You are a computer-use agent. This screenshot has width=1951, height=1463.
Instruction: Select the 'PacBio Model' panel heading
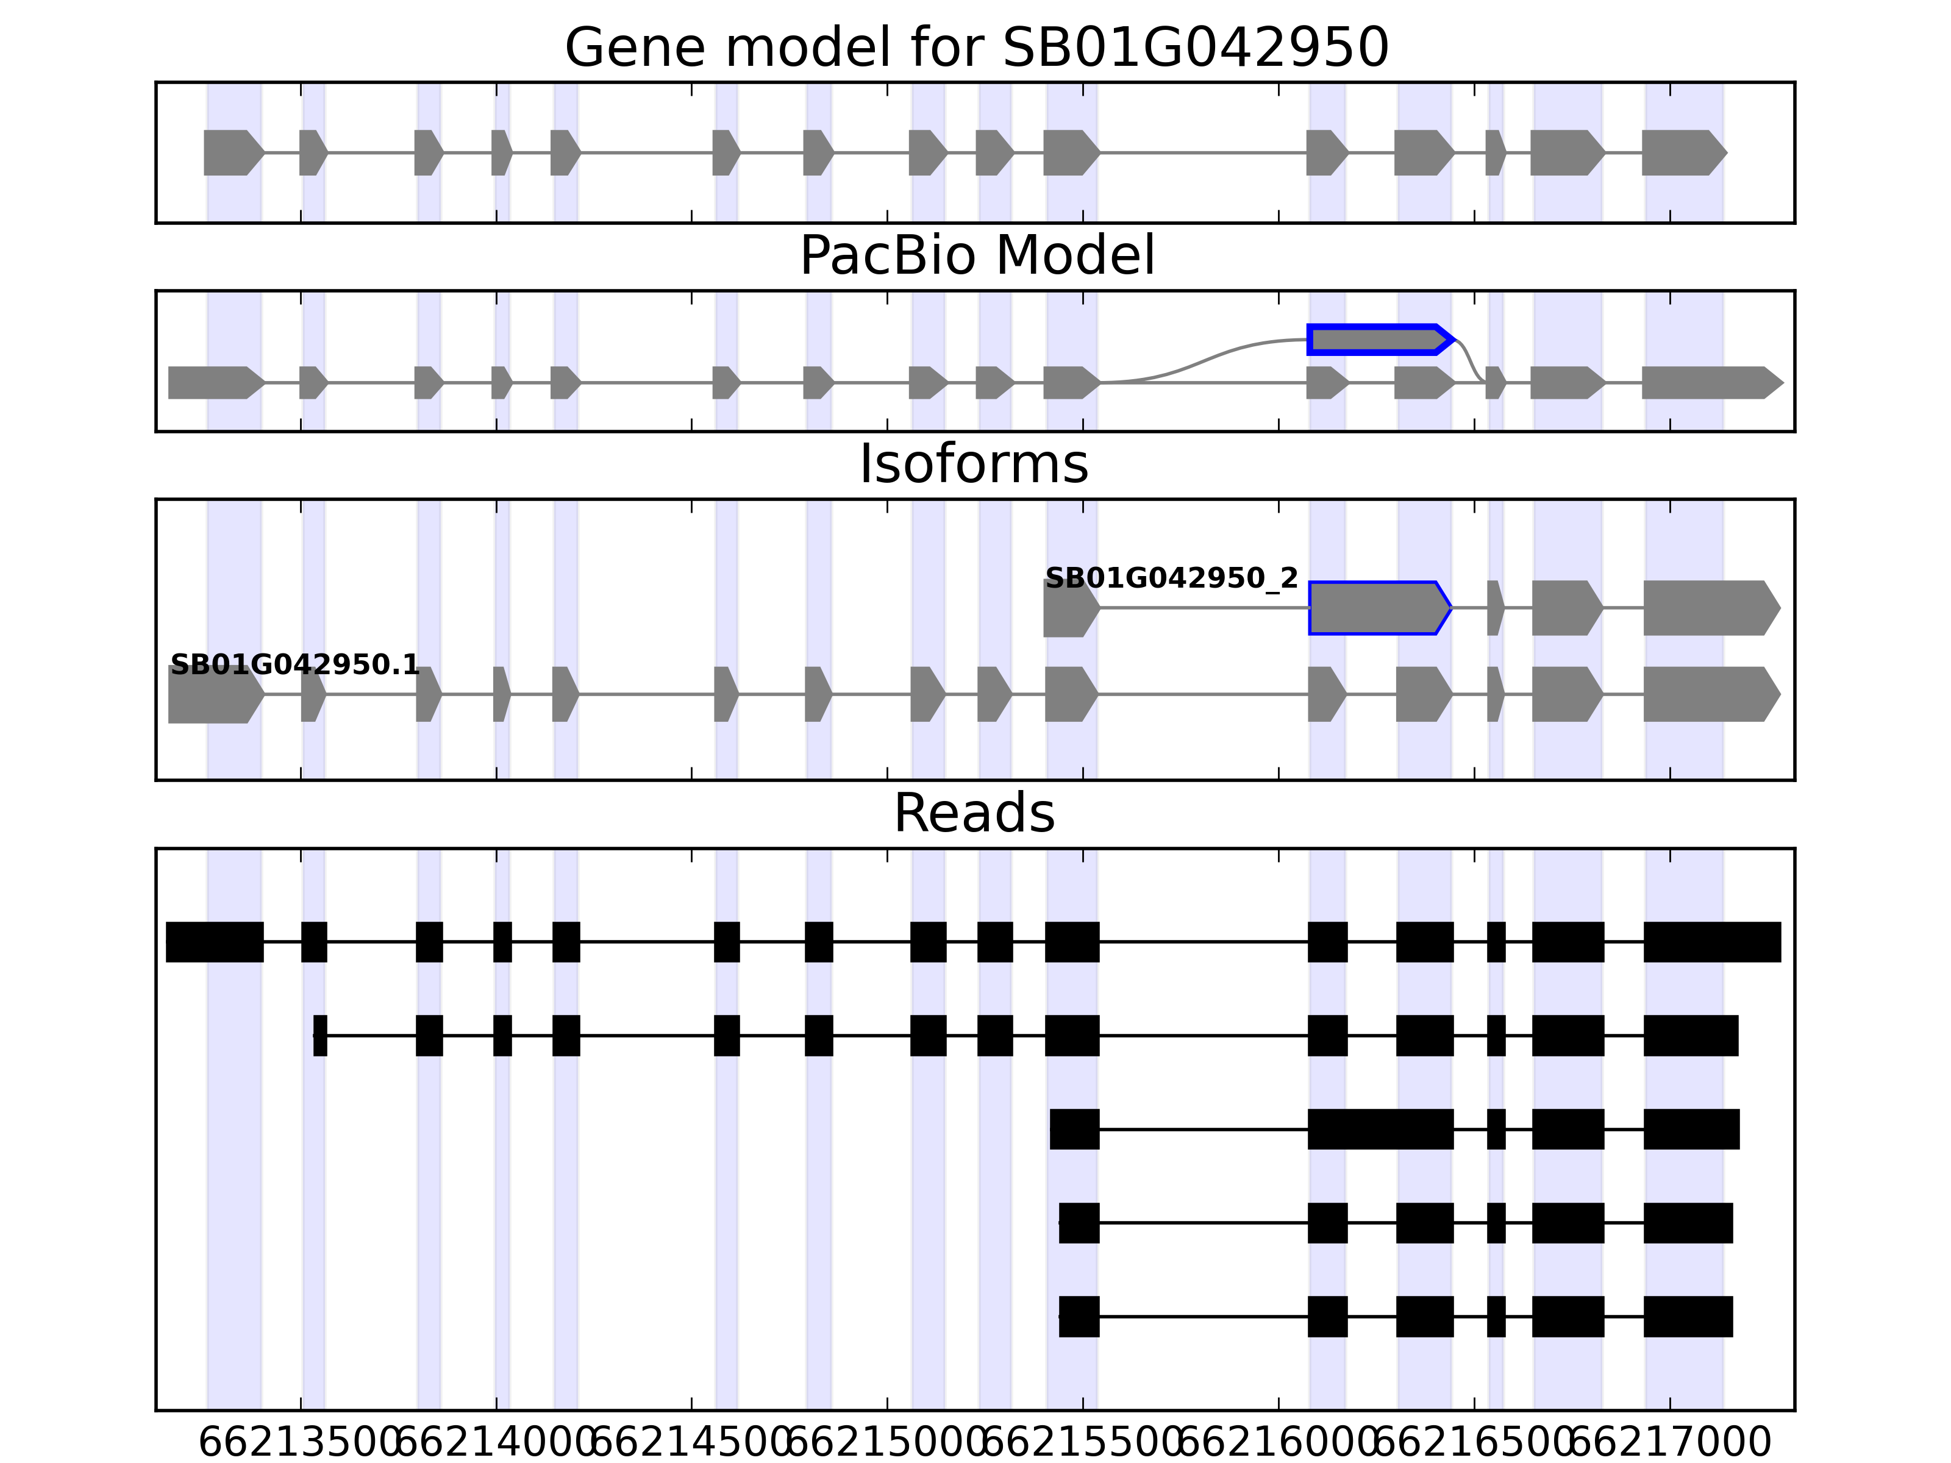(x=976, y=256)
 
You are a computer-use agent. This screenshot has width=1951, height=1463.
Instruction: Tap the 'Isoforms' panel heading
(x=974, y=465)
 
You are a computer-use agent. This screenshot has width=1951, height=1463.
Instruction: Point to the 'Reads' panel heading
(x=974, y=813)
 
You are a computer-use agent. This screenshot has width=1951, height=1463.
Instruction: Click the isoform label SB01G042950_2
(x=1171, y=578)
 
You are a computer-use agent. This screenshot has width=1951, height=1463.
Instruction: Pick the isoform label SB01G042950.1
(x=294, y=665)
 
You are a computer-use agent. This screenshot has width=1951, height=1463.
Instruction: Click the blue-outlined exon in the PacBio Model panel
(x=1378, y=340)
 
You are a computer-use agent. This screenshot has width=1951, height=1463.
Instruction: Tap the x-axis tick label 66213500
(x=301, y=1443)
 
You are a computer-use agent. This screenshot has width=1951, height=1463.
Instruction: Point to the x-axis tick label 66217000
(x=1670, y=1443)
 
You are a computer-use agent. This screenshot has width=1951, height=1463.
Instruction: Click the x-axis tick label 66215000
(x=886, y=1443)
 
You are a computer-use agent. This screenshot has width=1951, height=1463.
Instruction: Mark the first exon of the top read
(x=215, y=942)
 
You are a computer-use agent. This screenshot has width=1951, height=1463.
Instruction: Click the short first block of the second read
(x=320, y=1035)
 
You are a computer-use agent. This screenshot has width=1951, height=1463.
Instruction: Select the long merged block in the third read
(x=1380, y=1129)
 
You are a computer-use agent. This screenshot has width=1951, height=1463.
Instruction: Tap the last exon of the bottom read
(x=1687, y=1317)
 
